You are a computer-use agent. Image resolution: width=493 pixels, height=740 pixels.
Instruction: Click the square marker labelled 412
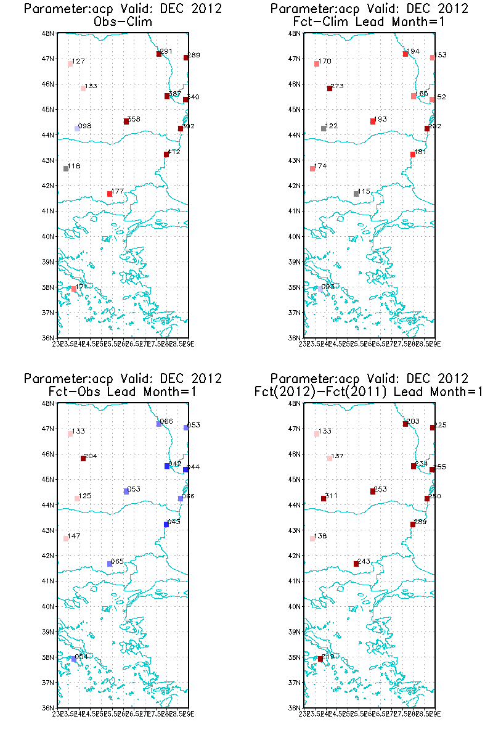tap(166, 154)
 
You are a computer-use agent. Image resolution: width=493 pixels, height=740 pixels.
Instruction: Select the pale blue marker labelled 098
tap(77, 128)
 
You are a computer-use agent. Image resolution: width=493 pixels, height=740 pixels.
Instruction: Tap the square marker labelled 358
tap(126, 121)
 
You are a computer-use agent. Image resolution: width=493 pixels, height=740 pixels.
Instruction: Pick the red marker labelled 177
tap(110, 194)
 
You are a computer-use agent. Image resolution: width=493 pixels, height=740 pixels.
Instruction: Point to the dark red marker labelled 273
tap(330, 88)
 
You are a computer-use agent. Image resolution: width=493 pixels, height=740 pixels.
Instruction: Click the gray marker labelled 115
tap(356, 194)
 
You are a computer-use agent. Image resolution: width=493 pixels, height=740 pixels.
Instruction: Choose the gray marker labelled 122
tap(324, 128)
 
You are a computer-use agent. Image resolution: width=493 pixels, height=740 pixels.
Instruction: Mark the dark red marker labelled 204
tap(83, 458)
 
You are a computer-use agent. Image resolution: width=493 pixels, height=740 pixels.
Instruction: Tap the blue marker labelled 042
tap(167, 466)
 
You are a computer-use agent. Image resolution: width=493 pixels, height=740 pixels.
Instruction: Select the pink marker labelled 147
tap(66, 538)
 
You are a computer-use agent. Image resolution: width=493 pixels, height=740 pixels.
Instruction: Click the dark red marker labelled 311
tap(324, 498)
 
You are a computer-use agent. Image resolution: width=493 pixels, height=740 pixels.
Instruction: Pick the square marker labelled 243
tap(356, 564)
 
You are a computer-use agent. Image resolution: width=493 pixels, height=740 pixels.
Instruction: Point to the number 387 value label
tap(174, 94)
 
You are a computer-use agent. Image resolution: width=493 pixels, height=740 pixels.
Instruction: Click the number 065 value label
tap(117, 561)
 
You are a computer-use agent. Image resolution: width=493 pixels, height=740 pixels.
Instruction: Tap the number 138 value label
tap(320, 536)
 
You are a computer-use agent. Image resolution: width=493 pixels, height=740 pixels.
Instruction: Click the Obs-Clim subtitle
tap(123, 22)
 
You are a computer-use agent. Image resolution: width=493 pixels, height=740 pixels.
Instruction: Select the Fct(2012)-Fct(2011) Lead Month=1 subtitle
tap(369, 392)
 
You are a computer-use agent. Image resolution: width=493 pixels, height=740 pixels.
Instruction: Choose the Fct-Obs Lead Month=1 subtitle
tap(123, 392)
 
